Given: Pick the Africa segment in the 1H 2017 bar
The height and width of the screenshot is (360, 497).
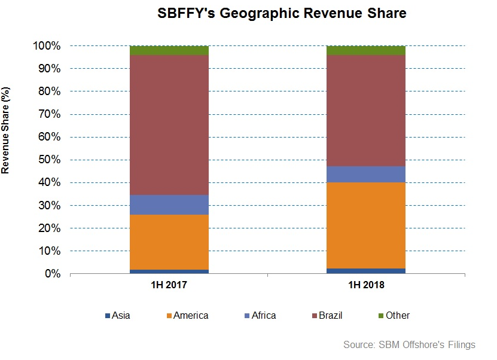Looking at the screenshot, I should coord(169,205).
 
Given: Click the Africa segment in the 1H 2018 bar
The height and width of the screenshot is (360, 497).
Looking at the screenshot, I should coord(365,174).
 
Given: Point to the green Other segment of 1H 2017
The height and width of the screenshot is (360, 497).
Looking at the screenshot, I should coord(169,50).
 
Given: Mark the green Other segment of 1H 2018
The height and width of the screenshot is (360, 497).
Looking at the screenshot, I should coord(365,50).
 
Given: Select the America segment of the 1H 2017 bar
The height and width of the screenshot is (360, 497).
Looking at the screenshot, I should coord(169,242).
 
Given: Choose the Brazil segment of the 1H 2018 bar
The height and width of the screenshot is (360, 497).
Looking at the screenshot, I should coord(365,111).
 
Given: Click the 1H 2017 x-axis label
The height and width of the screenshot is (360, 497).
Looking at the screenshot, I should coord(169,286).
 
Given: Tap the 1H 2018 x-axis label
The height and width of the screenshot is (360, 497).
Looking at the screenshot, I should coord(365,286).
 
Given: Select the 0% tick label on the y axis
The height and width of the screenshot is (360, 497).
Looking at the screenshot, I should coord(53,274).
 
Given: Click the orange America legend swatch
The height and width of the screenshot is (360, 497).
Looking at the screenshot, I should coord(169,316).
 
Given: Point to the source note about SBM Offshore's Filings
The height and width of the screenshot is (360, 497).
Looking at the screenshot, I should coord(409,345).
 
